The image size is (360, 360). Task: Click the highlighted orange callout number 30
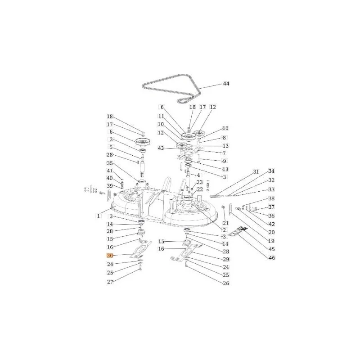coord(110,256)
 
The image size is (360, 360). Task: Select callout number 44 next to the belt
coord(226,84)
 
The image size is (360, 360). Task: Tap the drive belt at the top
coord(171,88)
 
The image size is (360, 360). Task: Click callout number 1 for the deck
coord(98,216)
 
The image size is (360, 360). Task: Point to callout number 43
coord(161,148)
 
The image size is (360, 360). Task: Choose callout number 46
coord(272,258)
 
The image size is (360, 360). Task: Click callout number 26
coord(226,283)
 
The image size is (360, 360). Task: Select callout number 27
coord(110,282)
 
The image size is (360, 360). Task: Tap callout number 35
coord(110,163)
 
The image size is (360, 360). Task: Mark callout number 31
coord(256,172)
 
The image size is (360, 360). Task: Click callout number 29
coord(226,259)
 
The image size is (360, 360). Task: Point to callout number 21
coord(226,223)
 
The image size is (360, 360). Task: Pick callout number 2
coord(224,230)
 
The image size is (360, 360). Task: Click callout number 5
coord(111,147)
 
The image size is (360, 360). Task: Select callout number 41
coord(110,171)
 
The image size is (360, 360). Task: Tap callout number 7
coord(224,153)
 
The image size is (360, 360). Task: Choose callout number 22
coord(200,189)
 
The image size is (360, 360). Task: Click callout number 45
coord(272,249)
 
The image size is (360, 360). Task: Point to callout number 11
coord(161,116)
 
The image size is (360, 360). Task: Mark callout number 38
coord(271,198)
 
